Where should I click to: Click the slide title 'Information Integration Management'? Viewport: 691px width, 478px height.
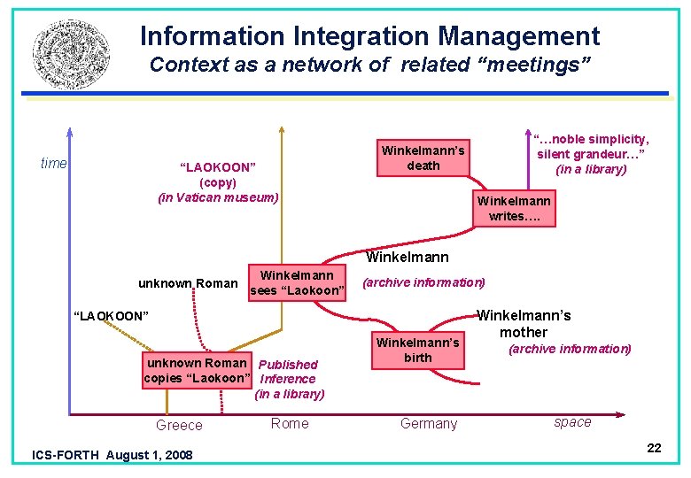369,36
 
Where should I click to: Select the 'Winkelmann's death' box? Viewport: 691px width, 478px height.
423,158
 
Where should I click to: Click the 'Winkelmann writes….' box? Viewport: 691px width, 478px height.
514,208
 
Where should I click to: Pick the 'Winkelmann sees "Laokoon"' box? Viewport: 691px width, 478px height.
297,283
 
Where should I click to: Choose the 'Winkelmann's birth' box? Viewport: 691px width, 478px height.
418,350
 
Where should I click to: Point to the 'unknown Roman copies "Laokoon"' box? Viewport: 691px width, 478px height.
195,371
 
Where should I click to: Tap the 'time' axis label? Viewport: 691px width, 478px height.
53,163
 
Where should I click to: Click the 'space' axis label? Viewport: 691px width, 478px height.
572,422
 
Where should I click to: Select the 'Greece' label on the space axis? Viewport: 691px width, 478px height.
179,425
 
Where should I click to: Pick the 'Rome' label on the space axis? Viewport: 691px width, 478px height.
290,423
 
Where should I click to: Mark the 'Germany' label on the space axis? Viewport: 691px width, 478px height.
429,423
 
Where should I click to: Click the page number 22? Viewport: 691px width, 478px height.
654,448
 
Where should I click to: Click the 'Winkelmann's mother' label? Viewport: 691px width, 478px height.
524,323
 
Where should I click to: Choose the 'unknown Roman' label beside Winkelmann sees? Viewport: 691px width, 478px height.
188,283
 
